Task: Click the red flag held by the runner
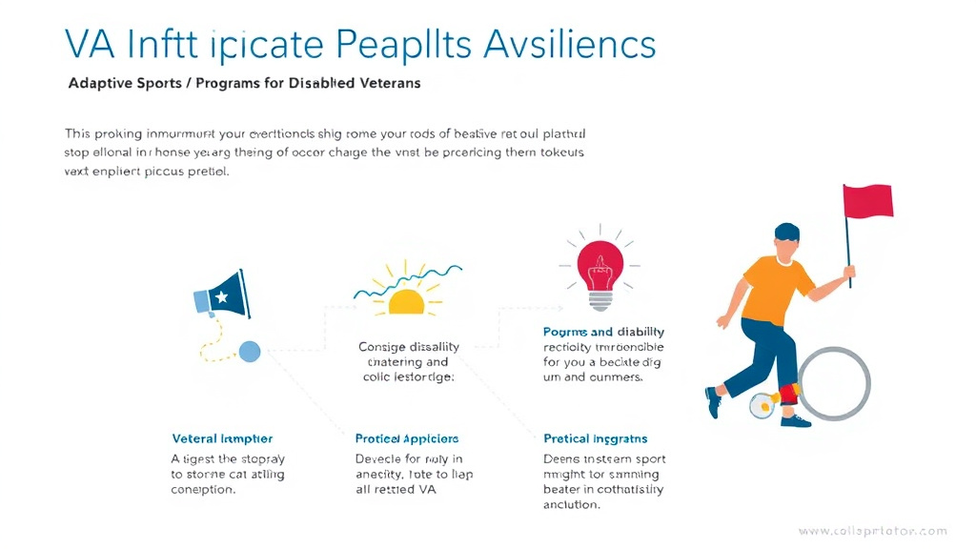(867, 201)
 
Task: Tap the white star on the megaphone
(222, 297)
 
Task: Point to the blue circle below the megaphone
(249, 352)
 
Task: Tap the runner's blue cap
(787, 232)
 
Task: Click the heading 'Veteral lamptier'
(222, 438)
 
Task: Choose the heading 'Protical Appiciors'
(406, 438)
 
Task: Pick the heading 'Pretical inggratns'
(595, 438)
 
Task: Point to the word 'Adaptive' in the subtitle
(101, 83)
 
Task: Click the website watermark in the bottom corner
(872, 531)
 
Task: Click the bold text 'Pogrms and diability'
(591, 332)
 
